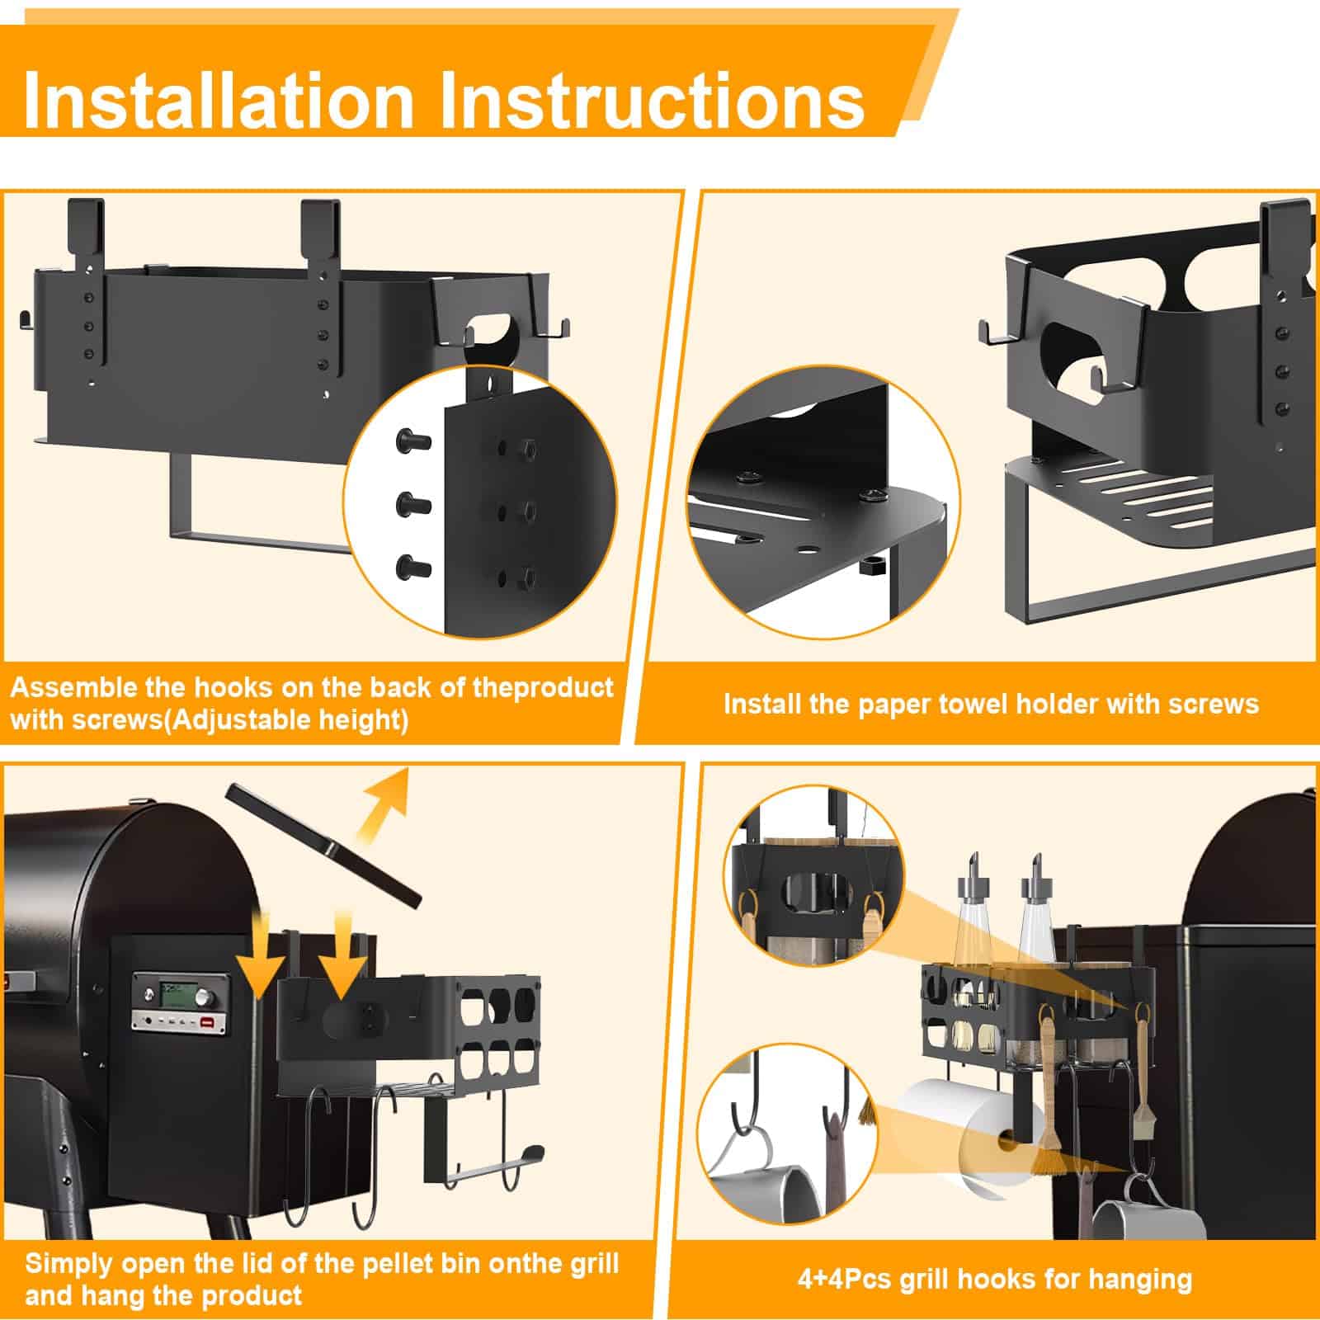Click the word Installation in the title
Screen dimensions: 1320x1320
click(219, 101)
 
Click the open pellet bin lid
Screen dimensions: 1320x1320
click(323, 843)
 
